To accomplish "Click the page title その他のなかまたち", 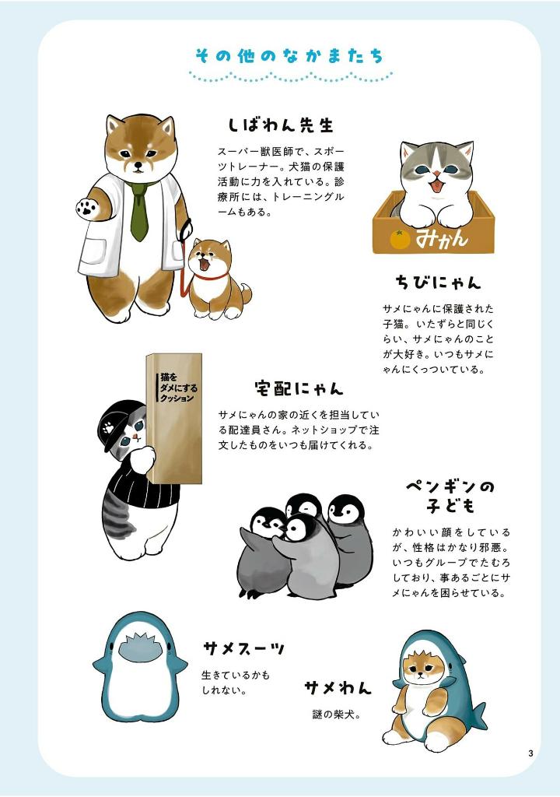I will pos(289,56).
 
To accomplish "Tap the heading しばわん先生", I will pos(280,125).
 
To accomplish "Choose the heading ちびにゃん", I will pos(437,281).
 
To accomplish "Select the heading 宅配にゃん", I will pos(298,387).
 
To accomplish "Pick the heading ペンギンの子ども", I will pos(450,497).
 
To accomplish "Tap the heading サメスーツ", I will pos(243,648).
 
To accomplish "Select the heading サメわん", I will pos(338,688).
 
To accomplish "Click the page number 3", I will pos(530,753).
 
